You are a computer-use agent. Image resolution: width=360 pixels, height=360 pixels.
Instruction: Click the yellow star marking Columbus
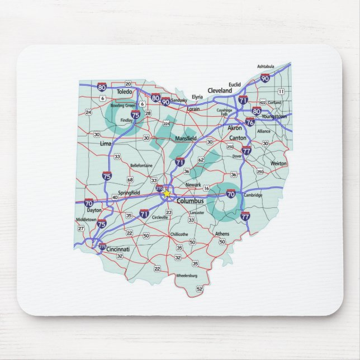pos(166,193)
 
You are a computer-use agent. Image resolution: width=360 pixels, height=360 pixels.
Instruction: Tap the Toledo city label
pos(124,91)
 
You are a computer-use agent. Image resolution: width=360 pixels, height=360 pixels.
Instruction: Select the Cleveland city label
pos(219,90)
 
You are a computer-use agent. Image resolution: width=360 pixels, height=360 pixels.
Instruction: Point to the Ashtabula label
pos(266,67)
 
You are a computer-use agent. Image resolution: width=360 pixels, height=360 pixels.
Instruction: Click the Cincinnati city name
pos(117,249)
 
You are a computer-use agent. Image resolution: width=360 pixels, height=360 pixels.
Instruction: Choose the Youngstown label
pos(274,116)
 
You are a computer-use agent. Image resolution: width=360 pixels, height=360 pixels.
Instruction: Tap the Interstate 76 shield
pos(250,121)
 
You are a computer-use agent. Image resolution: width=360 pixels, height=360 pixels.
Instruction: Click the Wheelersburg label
pos(187,276)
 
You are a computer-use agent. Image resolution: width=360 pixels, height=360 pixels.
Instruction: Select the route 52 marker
pos(200,289)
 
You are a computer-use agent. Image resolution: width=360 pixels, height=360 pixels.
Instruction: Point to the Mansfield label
pos(186,138)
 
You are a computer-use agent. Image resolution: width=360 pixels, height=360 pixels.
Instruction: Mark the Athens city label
pos(222,234)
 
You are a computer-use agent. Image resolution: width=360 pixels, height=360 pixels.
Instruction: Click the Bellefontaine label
pos(141,165)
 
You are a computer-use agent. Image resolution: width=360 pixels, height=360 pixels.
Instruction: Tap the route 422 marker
pos(263,103)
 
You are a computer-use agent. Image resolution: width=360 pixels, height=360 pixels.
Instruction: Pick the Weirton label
pos(278,163)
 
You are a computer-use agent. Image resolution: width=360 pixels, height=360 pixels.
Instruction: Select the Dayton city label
pos(94,210)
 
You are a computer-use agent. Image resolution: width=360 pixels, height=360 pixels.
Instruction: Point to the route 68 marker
pos(130,179)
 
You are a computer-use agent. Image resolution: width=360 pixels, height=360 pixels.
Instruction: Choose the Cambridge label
pos(252,195)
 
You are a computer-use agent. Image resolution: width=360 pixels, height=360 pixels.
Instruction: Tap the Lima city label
pos(105,144)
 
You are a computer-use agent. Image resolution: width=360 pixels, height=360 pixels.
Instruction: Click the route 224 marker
pos(166,123)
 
